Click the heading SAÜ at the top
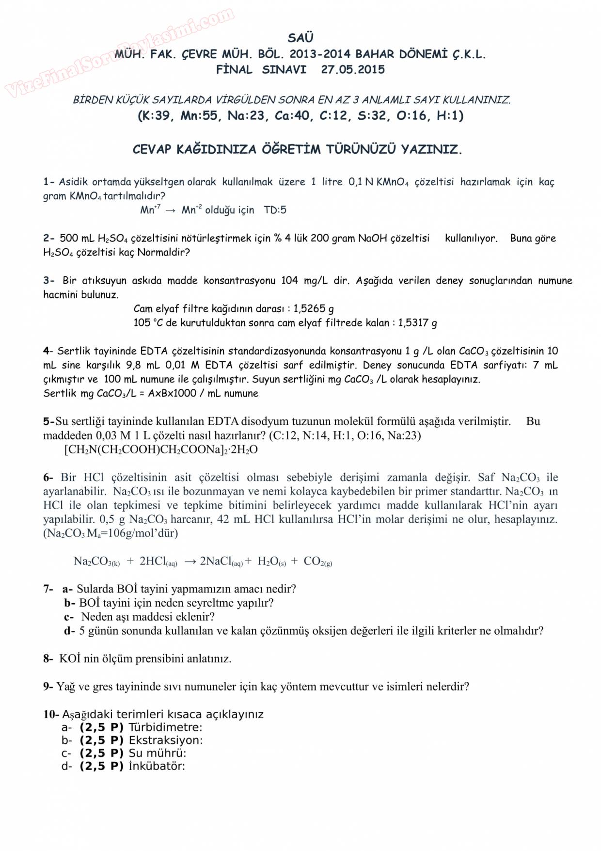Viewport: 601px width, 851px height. [300, 38]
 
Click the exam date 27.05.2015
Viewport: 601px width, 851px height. [353, 69]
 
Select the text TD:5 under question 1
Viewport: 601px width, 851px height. [275, 210]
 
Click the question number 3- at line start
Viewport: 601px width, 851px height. [49, 281]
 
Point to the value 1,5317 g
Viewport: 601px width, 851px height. [417, 323]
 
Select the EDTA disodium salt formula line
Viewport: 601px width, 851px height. [161, 450]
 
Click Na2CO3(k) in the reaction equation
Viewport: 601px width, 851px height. [96, 562]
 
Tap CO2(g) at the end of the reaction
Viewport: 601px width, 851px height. [317, 562]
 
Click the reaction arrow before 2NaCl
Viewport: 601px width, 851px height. [190, 562]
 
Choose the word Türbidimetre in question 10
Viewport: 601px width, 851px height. [165, 727]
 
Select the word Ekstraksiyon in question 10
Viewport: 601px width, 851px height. [165, 740]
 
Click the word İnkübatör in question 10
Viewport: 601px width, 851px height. [157, 767]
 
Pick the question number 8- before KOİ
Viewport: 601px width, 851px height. [48, 658]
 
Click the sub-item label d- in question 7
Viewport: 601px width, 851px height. [70, 631]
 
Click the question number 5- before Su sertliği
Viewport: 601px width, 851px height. [48, 421]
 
